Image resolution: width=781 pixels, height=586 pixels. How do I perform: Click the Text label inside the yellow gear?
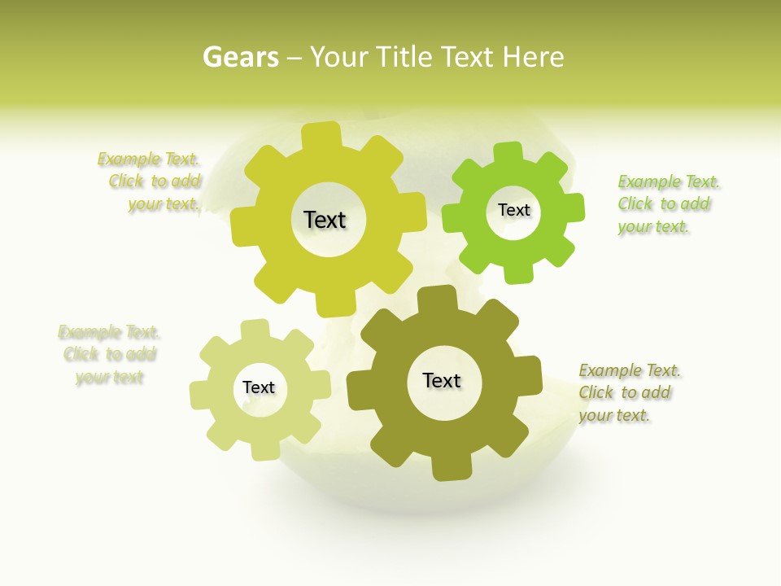325,220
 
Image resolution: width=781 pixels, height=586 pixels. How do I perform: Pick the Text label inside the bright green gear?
513,210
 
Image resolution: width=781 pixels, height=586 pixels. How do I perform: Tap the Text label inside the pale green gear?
259,388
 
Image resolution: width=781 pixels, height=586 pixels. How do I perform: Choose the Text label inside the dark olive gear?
442,381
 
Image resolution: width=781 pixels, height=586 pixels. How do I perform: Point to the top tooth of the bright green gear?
508,152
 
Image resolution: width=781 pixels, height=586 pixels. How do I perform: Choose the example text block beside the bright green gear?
666,204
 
